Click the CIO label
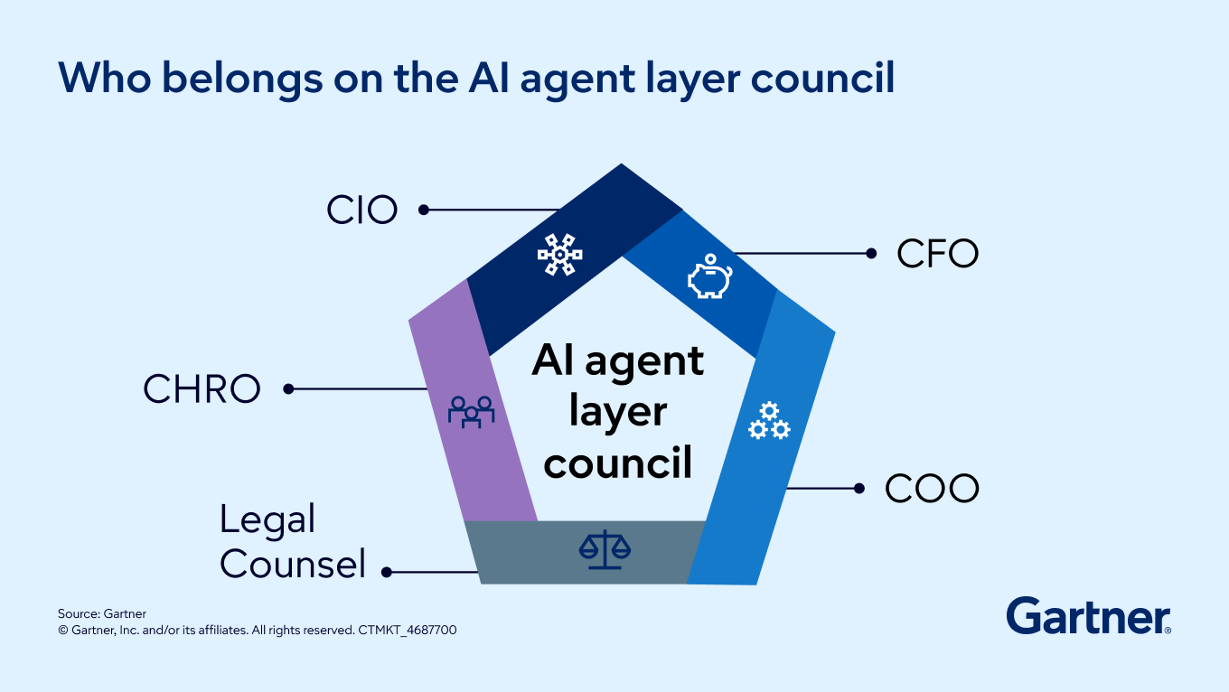click(361, 210)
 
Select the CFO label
click(937, 254)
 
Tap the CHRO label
click(202, 389)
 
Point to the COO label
click(932, 489)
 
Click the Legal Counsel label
click(292, 541)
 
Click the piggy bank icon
click(710, 276)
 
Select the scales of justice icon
click(605, 549)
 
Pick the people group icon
click(471, 411)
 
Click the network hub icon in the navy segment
click(560, 255)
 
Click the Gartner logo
click(1088, 616)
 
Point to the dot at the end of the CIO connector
click(423, 210)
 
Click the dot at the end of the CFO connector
click(871, 254)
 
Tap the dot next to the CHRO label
click(288, 389)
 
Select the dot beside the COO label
click(858, 489)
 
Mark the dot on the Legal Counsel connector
click(387, 572)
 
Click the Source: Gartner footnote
click(102, 613)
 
